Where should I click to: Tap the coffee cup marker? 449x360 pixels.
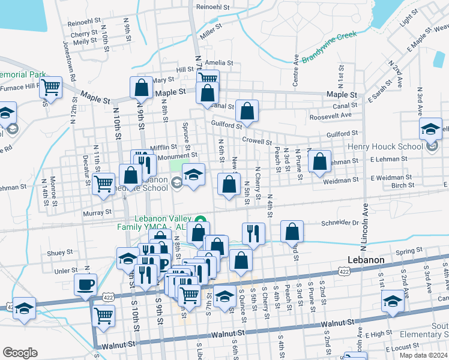pyautogui.click(x=86, y=284)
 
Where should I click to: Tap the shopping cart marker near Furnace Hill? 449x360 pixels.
pyautogui.click(x=50, y=87)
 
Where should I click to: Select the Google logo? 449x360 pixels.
pyautogui.click(x=20, y=353)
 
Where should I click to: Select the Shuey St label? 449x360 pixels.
pyautogui.click(x=60, y=253)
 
